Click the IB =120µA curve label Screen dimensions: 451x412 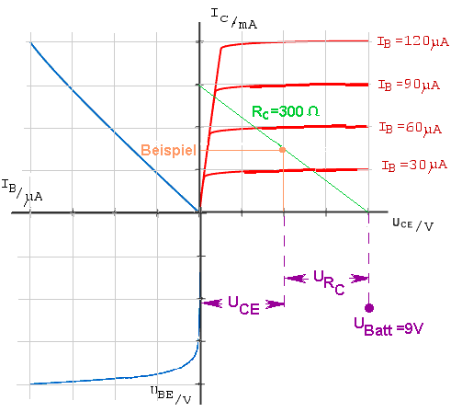coord(412,42)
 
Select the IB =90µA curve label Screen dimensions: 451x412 coord(409,85)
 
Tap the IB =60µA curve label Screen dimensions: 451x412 coord(411,128)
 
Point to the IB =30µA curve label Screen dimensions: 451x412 coord(414,166)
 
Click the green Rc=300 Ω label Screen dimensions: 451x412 coord(286,111)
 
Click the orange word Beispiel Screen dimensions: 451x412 coord(168,150)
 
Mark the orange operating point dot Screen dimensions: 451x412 coord(283,150)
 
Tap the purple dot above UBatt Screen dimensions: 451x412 coord(369,308)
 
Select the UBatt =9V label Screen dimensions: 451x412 coord(389,326)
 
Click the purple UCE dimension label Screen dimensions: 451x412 coord(243,305)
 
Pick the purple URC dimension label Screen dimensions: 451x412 coord(329,282)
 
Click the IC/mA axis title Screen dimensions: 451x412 coord(234,18)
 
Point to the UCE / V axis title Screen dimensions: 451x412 coord(412,224)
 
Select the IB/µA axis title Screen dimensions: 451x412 coord(22,192)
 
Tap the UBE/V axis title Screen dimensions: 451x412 coord(171,395)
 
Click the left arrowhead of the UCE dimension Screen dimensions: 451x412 coord(211,303)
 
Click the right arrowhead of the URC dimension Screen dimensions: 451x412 coord(359,279)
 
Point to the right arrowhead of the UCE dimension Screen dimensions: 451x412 coord(275,304)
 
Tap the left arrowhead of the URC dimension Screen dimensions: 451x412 coord(296,279)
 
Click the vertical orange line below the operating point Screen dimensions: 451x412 coord(283,182)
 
